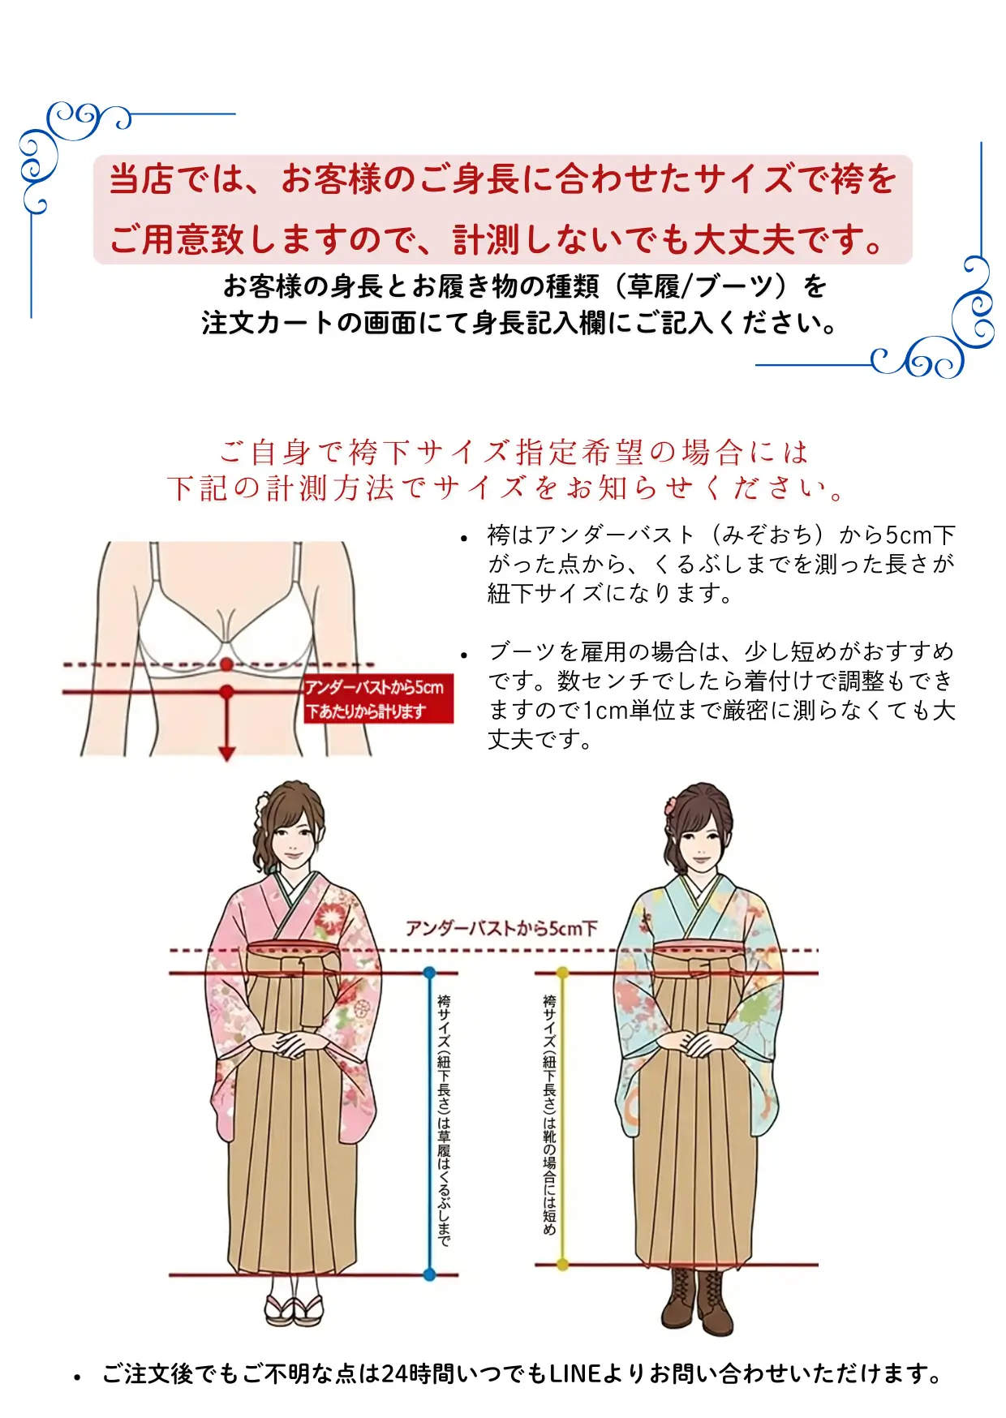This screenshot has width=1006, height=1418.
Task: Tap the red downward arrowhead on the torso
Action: pos(227,753)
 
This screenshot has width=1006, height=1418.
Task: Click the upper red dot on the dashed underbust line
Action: pos(226,664)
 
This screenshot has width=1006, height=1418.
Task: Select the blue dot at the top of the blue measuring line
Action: pos(429,972)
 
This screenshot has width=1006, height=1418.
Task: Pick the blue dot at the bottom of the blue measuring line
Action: pos(429,1274)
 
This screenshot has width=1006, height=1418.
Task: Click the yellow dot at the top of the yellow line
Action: pos(563,972)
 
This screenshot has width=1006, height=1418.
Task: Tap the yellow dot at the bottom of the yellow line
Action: pos(563,1264)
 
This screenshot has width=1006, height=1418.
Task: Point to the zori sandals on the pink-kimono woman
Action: pos(294,1308)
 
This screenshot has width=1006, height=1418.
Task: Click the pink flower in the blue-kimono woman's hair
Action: pos(671,807)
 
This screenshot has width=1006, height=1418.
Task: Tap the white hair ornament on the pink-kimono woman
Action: pos(261,806)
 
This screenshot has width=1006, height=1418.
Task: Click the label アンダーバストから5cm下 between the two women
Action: pos(501,928)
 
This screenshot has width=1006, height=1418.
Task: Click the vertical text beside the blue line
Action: pos(444,1119)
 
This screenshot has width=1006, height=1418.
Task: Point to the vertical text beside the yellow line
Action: pos(549,1115)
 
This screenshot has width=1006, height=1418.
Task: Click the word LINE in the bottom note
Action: pos(574,1373)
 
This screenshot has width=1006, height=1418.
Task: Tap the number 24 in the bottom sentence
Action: pos(395,1373)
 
